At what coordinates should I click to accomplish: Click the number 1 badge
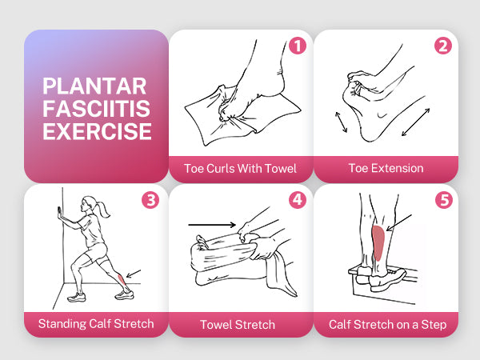(298, 46)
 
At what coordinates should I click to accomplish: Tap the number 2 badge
(443, 46)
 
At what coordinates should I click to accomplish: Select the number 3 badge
(150, 201)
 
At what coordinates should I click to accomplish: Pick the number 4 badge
(298, 200)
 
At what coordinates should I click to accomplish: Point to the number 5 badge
(443, 200)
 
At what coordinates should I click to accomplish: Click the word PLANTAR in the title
(94, 86)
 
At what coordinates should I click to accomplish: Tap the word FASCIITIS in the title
(97, 109)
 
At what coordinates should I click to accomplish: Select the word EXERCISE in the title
(97, 131)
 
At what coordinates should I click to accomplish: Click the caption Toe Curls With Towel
(240, 169)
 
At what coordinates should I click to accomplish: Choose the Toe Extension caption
(386, 168)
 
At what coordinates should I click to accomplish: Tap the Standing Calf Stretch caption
(96, 323)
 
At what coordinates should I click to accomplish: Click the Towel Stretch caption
(238, 325)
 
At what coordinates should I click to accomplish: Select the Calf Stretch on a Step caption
(387, 325)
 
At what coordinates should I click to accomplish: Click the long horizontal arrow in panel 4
(212, 225)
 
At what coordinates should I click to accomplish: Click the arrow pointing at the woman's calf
(134, 274)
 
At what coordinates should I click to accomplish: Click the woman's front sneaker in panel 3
(76, 297)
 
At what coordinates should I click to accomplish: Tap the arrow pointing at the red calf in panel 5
(399, 222)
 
